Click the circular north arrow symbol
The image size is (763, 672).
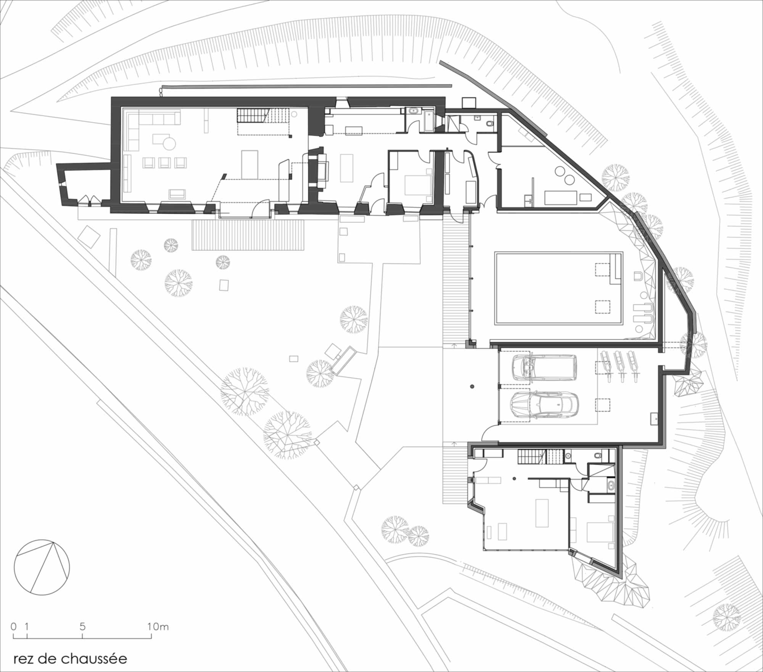(x=42, y=567)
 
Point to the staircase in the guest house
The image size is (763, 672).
(x=541, y=457)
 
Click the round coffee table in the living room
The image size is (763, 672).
(x=169, y=143)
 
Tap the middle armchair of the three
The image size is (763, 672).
(x=164, y=163)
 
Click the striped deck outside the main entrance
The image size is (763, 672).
(x=248, y=235)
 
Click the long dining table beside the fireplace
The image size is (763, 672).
(x=347, y=168)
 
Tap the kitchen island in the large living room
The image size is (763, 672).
(x=250, y=164)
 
